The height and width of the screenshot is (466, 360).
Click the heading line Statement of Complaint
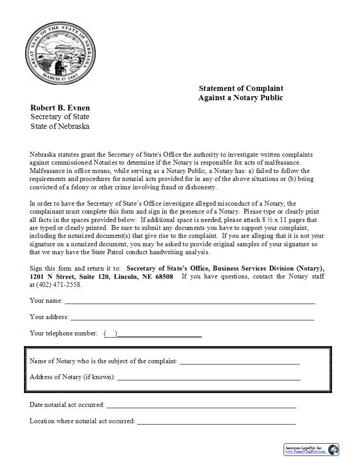pyautogui.click(x=241, y=88)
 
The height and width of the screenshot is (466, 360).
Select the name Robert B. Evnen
pyautogui.click(x=60, y=108)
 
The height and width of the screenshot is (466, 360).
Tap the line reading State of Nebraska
pyautogui.click(x=60, y=126)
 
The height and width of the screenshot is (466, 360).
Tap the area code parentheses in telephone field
pyautogui.click(x=110, y=334)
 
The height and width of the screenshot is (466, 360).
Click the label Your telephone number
pyautogui.click(x=64, y=333)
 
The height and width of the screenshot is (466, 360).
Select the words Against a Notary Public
pyautogui.click(x=240, y=98)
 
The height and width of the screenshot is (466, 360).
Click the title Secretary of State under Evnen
pyautogui.click(x=60, y=117)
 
